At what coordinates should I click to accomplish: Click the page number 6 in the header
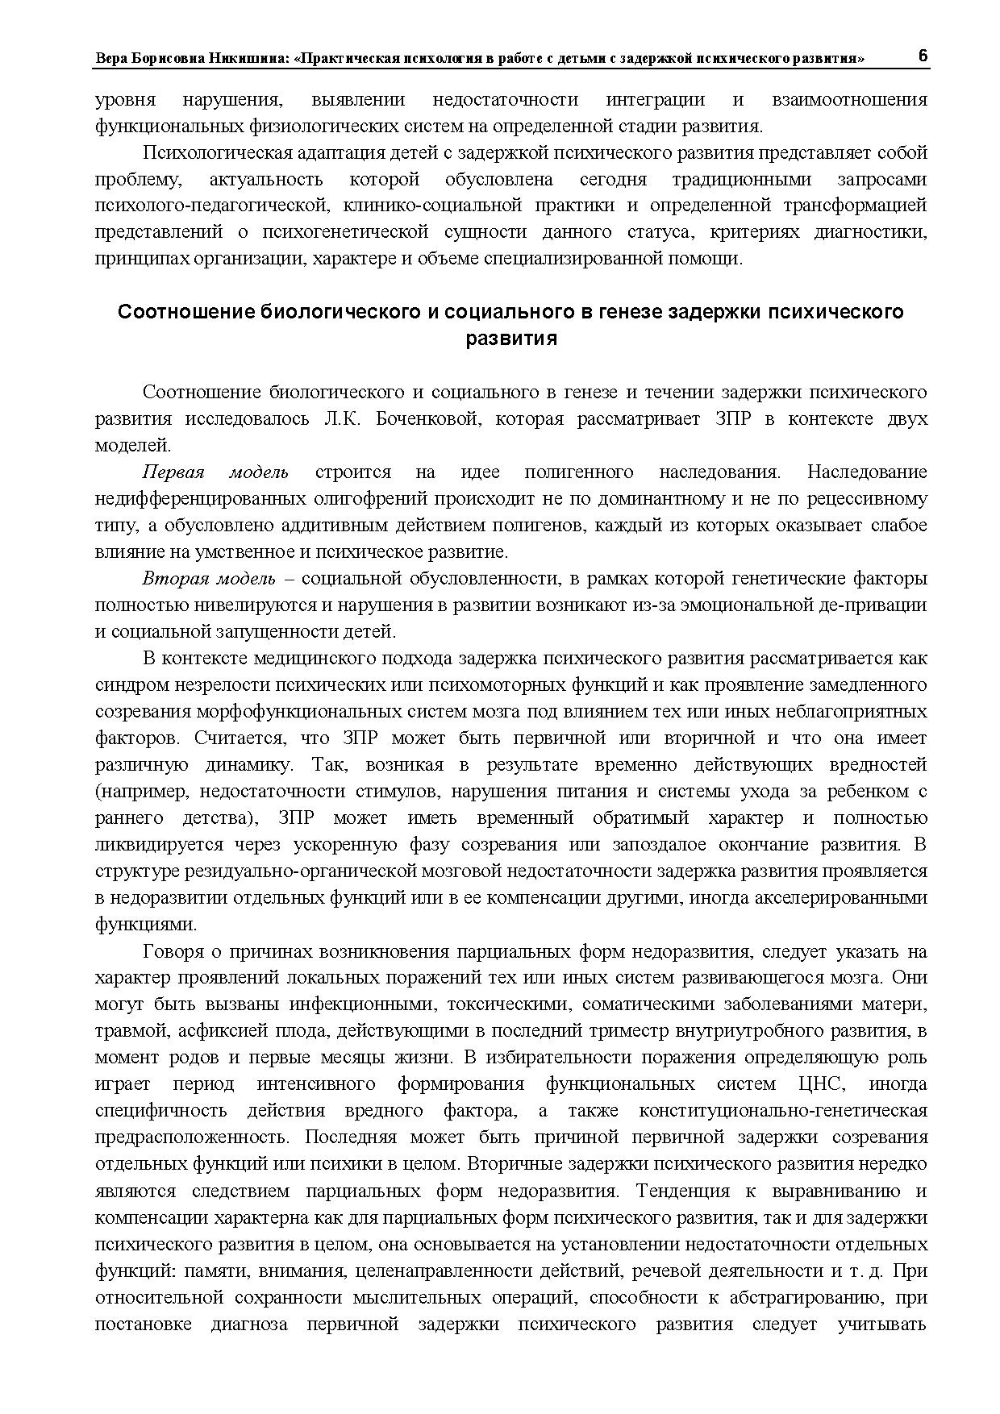[923, 56]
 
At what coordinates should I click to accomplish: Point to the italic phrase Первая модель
[215, 472]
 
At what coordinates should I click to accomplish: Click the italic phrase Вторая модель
[209, 579]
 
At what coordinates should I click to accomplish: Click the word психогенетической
[344, 232]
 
